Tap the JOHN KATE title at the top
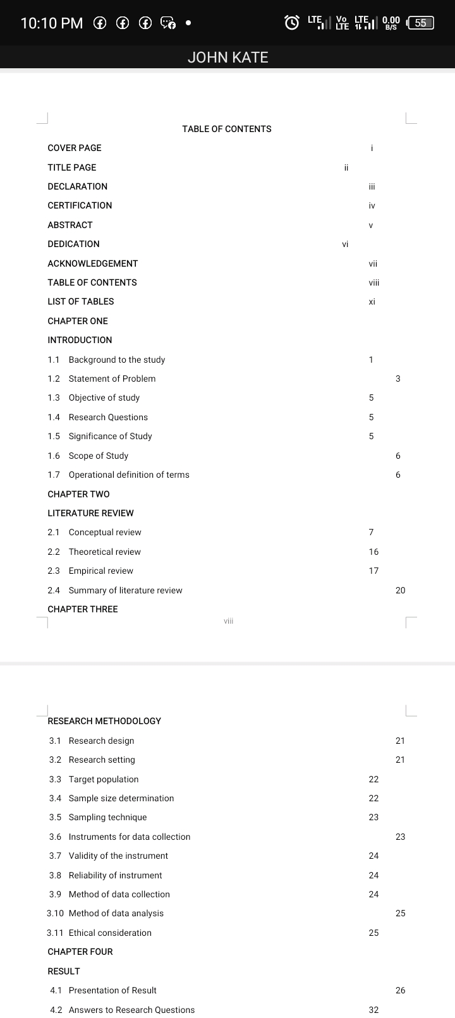227,58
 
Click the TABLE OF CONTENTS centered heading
226,129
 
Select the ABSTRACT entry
70,225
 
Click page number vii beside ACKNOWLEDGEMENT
373,264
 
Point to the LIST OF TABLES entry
81,301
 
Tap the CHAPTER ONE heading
78,321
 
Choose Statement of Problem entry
112,379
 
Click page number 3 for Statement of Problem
398,379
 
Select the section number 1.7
54,475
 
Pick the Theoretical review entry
105,552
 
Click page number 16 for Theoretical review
373,552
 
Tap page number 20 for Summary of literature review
400,590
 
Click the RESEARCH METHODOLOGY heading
104,721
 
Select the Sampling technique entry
107,817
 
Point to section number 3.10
56,913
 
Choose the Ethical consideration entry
110,933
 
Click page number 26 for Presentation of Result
400,990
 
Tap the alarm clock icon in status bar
291,23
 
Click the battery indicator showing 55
421,23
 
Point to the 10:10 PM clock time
52,23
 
